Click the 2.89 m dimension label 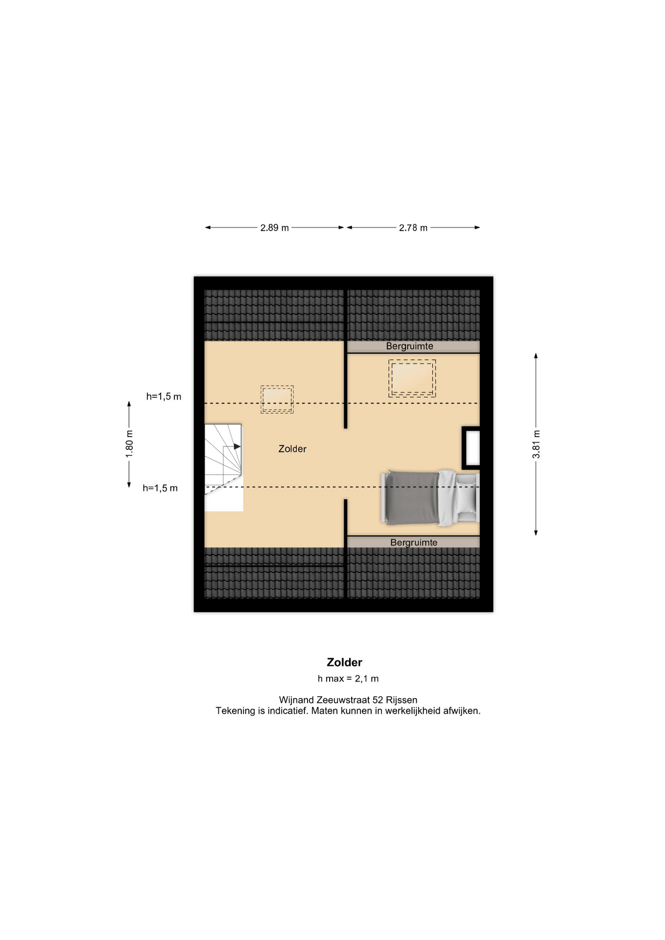[x=274, y=228]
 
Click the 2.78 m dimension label [x=413, y=228]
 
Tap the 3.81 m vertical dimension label [x=536, y=444]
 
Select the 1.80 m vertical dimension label [x=129, y=444]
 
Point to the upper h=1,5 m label [x=164, y=397]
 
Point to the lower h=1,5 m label [x=160, y=488]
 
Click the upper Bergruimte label [x=409, y=346]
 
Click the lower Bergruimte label [x=414, y=542]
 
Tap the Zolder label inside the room [x=292, y=449]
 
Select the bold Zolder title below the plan [x=344, y=662]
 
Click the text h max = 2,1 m [x=348, y=679]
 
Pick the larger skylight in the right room [x=412, y=378]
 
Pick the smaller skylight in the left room [x=277, y=399]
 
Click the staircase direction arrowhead [x=237, y=446]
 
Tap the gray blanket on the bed [x=412, y=497]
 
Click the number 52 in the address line [x=378, y=700]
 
